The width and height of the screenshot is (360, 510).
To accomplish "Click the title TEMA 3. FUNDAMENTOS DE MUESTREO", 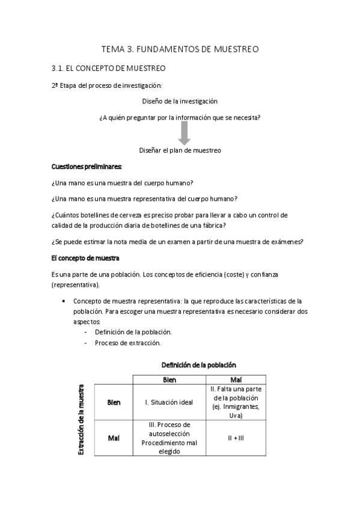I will [x=180, y=50].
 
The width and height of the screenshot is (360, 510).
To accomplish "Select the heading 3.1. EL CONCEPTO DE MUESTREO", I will [x=109, y=69].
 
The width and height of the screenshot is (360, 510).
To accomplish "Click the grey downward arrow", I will [x=180, y=133].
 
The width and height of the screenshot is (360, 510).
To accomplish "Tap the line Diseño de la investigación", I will [x=180, y=101].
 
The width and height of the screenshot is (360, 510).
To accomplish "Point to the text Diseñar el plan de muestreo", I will [x=180, y=150].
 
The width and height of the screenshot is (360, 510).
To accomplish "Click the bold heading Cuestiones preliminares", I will [x=87, y=166].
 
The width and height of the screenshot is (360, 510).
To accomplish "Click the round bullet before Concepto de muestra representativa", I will [x=64, y=301].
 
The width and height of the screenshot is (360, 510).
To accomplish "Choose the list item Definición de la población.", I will [x=133, y=332].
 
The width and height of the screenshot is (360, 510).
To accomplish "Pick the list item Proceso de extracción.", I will [x=127, y=343].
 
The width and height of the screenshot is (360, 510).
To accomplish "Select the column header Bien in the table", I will [x=169, y=379].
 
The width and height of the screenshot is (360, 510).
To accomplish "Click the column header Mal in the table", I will [x=236, y=379].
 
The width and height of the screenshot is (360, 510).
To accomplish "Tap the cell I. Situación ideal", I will [x=169, y=402].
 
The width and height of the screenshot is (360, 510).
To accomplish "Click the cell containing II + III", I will [x=236, y=437].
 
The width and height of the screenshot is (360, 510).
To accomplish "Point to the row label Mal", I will [x=114, y=437].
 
